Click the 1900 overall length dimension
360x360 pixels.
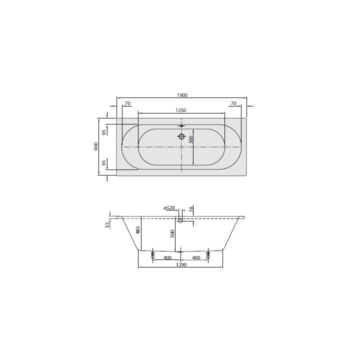[181, 95]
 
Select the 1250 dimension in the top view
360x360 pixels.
[181, 110]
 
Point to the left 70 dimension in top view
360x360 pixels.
[127, 103]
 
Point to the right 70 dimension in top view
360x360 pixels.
[233, 103]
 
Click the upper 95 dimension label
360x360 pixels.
[104, 132]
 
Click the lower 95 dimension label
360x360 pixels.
[104, 163]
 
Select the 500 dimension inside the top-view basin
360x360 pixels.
[190, 140]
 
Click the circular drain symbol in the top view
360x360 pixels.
[181, 136]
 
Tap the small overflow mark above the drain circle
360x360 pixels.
[181, 126]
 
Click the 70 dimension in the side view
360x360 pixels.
[191, 209]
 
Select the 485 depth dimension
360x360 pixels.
[138, 231]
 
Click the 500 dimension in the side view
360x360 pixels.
[172, 233]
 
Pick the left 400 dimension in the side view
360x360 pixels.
[167, 258]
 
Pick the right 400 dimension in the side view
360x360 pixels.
[196, 258]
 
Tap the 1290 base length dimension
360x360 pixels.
[181, 265]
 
